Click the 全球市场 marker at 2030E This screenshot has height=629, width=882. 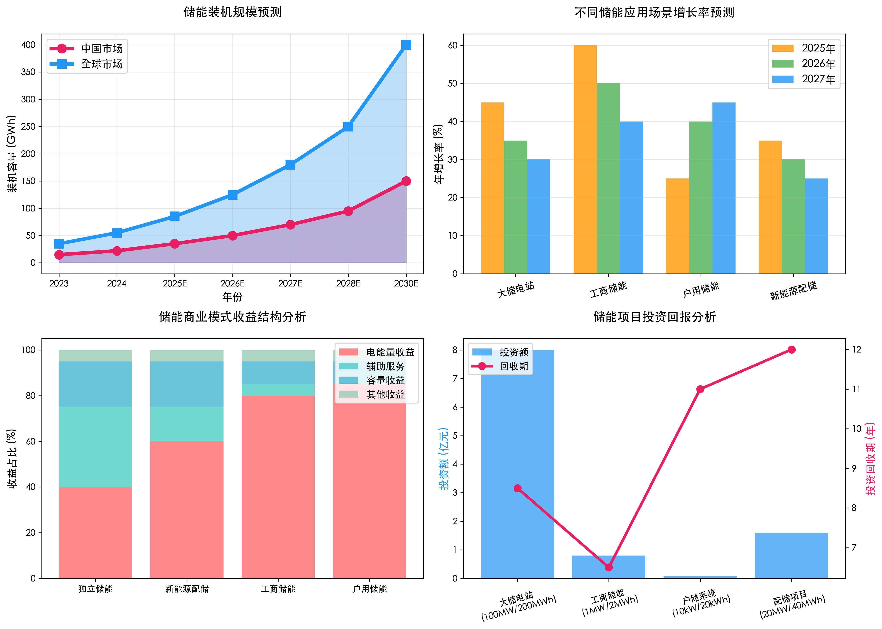[x=406, y=45]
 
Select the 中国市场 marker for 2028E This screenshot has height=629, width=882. [x=348, y=211]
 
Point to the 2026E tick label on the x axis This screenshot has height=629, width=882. [x=232, y=283]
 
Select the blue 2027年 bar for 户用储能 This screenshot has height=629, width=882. [x=724, y=188]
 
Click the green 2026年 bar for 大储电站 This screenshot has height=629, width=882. [x=515, y=207]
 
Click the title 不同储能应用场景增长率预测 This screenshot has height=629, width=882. [x=654, y=13]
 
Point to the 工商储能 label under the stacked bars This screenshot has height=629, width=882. [x=278, y=589]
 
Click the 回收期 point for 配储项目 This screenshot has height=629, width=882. [x=791, y=350]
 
